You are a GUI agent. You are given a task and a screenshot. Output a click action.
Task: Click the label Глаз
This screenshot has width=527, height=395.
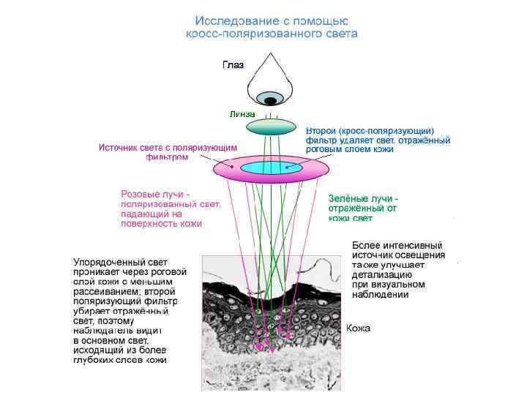(x=233, y=65)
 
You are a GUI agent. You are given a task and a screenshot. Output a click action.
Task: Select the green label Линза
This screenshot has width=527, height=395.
(x=242, y=115)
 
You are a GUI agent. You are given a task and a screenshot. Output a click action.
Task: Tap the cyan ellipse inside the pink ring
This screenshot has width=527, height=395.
(x=271, y=168)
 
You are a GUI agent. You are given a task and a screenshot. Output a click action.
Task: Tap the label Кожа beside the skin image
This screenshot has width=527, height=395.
(x=358, y=328)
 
